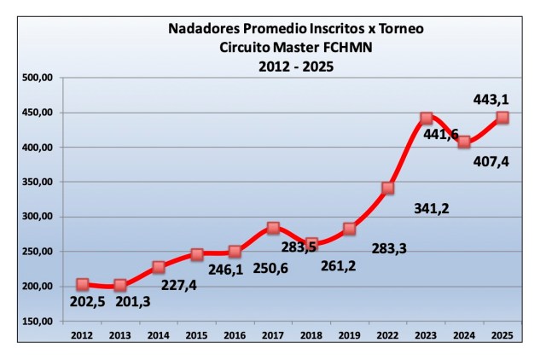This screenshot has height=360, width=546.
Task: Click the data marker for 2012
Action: [x=83, y=284]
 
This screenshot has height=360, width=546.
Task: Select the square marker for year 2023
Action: [x=427, y=119]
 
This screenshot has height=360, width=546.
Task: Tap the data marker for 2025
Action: [x=502, y=118]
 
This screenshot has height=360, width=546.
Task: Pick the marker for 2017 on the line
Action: [x=273, y=228]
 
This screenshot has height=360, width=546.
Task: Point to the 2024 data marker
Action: [x=464, y=142]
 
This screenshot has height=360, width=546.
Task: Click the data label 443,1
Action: [x=491, y=101]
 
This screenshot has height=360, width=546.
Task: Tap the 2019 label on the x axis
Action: [x=350, y=335]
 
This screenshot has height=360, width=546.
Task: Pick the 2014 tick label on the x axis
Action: [x=159, y=335]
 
